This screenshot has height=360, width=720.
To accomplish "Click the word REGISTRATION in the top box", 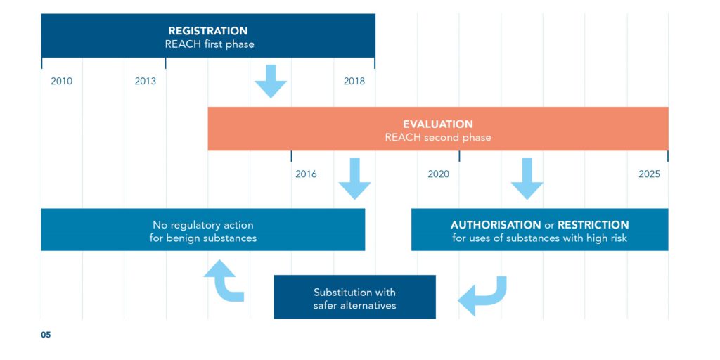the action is (x=208, y=31).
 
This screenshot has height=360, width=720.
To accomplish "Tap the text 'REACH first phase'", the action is (x=210, y=45).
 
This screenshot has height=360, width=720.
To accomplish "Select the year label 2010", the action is (x=62, y=82).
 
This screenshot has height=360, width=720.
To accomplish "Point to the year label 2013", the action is (x=145, y=82).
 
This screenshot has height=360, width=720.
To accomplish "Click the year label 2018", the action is (x=354, y=82).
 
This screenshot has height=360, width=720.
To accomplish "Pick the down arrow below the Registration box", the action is (x=271, y=82).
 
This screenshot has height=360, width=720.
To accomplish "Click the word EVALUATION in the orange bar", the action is (x=438, y=124).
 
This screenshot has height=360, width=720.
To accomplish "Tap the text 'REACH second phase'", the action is (x=438, y=138).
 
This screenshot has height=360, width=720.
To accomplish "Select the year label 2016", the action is (x=306, y=174).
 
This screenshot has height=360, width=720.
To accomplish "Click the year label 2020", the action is (x=439, y=174).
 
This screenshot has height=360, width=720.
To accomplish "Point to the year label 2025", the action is (x=649, y=174).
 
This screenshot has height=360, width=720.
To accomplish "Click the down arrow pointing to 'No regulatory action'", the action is (x=354, y=179).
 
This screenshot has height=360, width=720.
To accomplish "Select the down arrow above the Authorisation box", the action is (x=527, y=179).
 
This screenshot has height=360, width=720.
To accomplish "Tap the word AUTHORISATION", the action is (x=496, y=226).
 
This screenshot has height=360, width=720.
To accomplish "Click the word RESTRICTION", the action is (x=593, y=226).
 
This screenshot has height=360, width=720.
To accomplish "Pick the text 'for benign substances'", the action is (x=203, y=239).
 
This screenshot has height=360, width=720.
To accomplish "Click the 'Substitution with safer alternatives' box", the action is (x=354, y=297).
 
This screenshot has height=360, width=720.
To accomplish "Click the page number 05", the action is (x=46, y=335).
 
